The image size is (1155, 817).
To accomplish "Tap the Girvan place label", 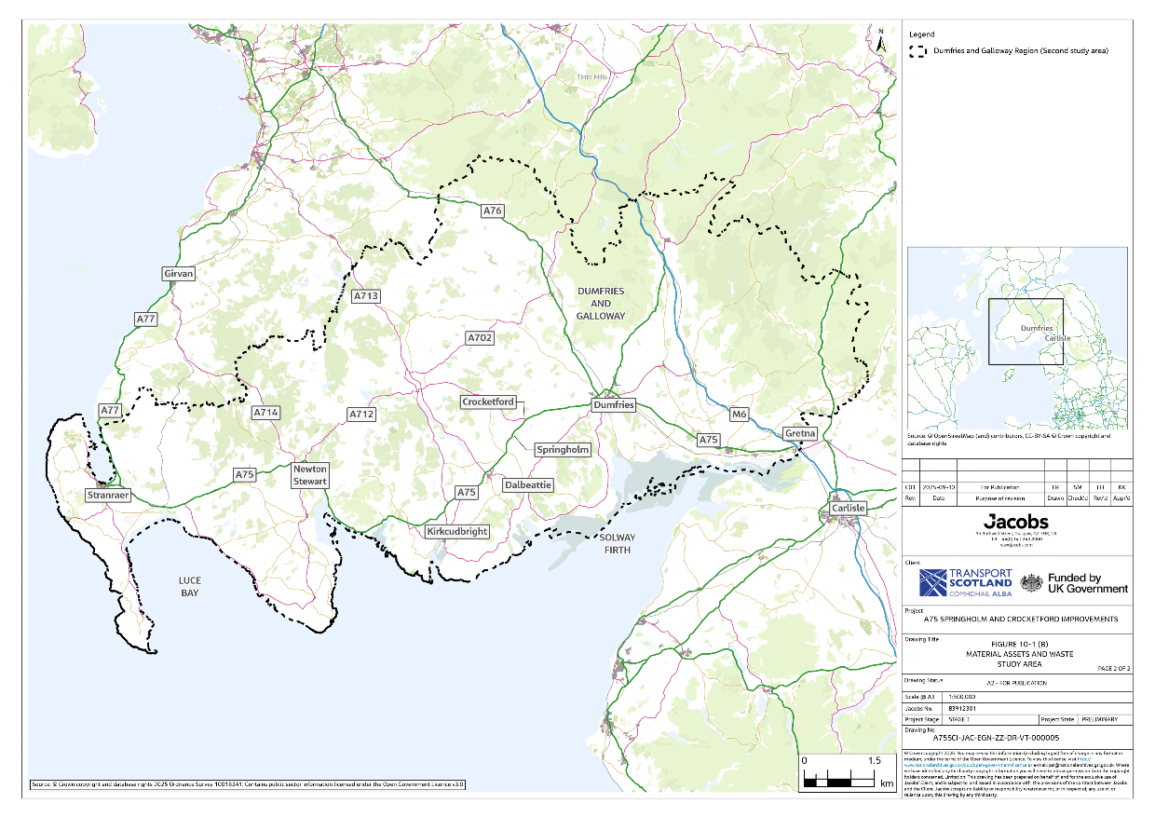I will [179, 274].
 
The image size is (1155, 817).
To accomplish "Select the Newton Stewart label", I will [309, 475].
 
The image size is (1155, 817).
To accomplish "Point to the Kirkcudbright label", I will [456, 531].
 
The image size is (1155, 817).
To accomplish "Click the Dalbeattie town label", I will [528, 485].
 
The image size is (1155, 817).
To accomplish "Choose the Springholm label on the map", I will [564, 450].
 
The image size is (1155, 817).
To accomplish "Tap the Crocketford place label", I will [488, 402].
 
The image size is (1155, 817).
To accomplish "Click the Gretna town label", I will [800, 434].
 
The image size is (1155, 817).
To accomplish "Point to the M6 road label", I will [740, 415].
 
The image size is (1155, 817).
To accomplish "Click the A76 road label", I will [492, 211].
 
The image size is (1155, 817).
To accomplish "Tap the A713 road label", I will [366, 296].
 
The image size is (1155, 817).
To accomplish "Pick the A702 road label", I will [480, 337].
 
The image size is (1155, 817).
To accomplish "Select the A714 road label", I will [265, 412].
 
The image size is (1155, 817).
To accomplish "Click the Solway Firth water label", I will [616, 544].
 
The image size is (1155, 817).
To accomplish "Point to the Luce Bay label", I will [190, 586].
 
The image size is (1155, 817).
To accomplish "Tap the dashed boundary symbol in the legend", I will [918, 51].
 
